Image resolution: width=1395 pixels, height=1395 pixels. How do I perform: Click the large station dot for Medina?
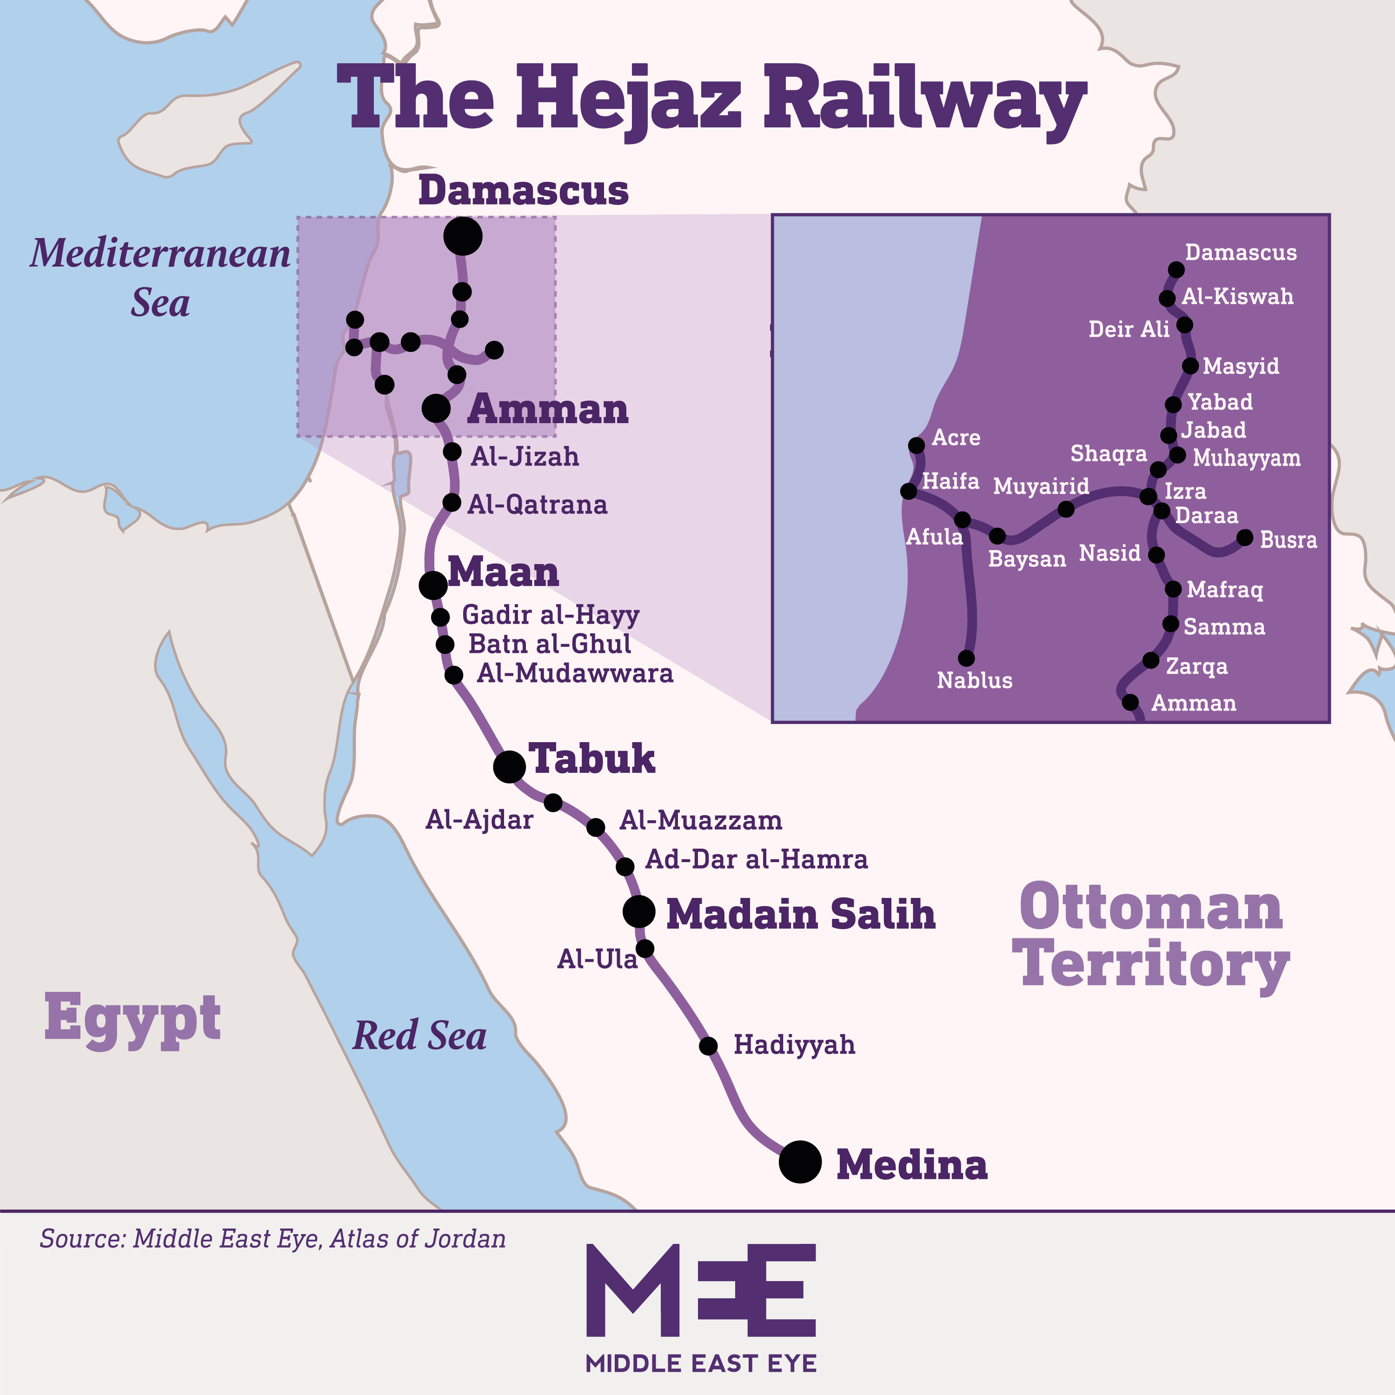click(x=800, y=1162)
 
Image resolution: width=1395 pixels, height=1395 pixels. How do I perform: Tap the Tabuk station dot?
click(x=509, y=766)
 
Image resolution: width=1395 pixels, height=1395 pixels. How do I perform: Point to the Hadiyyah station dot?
click(x=708, y=1045)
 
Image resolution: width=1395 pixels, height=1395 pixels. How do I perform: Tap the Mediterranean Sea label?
click(x=160, y=278)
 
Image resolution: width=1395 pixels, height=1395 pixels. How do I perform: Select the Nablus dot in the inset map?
click(x=966, y=658)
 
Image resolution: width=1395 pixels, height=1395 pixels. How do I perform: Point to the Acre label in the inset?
click(x=956, y=438)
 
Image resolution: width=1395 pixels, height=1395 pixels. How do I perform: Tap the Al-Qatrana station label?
click(x=537, y=504)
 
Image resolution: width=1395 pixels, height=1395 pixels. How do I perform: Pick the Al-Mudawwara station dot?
click(x=453, y=675)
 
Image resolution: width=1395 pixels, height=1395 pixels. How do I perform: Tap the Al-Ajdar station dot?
click(x=553, y=802)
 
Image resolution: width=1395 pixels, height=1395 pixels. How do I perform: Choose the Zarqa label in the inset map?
click(x=1196, y=666)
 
